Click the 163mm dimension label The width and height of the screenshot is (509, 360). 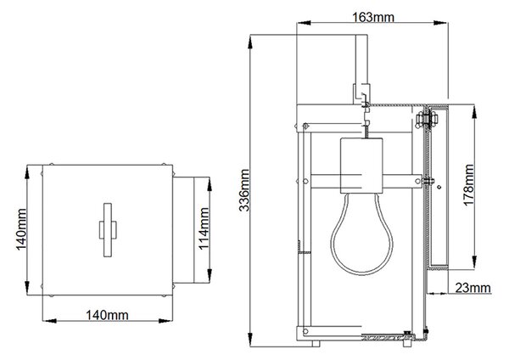click(373, 17)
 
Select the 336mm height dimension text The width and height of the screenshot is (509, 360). click(244, 190)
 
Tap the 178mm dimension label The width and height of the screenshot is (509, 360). click(469, 184)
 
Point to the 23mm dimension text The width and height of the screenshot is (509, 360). click(473, 288)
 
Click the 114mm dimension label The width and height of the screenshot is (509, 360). click(204, 228)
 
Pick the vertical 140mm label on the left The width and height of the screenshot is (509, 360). click(21, 229)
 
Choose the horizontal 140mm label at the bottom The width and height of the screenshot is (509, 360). click(107, 315)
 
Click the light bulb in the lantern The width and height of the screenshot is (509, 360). click(361, 234)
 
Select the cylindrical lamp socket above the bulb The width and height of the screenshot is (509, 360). click(361, 166)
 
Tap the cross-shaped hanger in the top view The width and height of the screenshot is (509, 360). click(108, 230)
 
